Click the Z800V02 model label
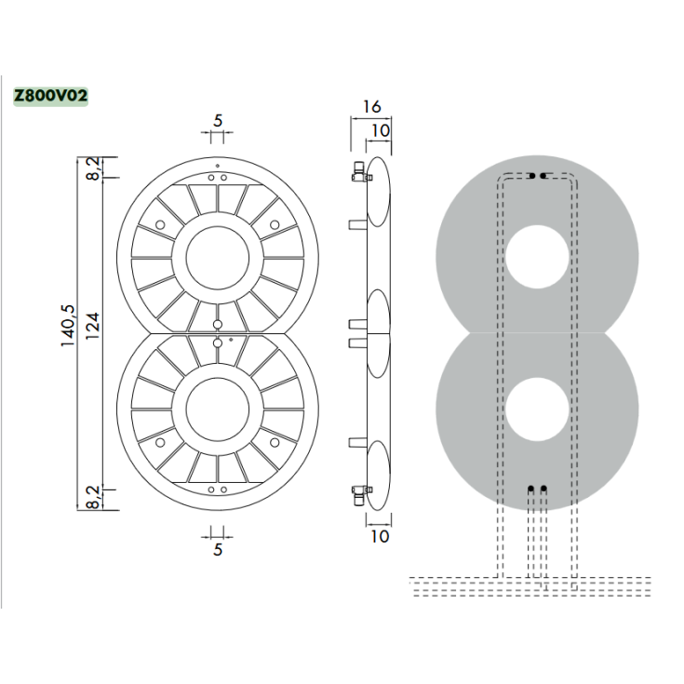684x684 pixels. pos(50,95)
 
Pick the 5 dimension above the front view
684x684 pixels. pos(218,120)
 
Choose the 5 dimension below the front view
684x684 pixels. pos(218,549)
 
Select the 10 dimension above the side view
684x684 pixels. pos(380,130)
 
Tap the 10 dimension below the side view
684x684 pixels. pos(380,536)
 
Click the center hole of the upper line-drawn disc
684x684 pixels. pos(218,256)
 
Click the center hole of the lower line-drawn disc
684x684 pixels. pos(218,409)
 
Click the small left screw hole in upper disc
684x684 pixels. pos(160,225)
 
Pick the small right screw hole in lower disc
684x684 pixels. pos(275,440)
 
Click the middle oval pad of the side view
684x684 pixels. pos(378,332)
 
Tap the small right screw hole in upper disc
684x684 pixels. pos(275,225)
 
